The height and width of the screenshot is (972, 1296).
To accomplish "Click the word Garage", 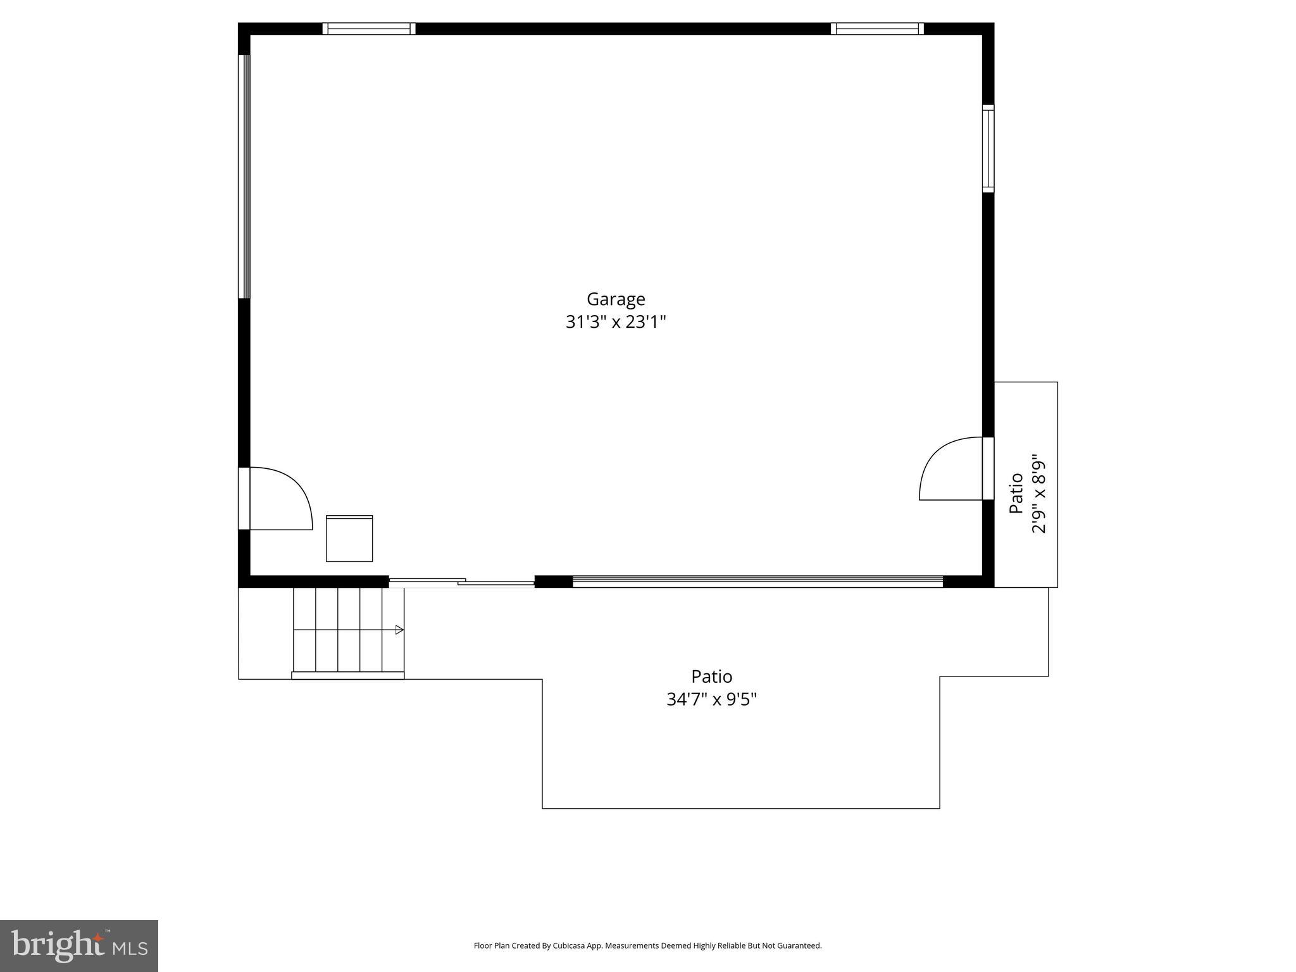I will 616,299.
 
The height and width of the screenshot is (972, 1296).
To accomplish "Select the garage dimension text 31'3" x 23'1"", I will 616,322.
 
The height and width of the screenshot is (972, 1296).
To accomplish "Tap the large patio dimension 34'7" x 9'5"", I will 711,699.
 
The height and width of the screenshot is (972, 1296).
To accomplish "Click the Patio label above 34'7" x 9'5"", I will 711,676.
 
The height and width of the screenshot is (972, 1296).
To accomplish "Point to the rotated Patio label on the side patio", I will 1016,493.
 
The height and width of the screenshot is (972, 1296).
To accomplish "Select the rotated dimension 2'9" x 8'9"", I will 1038,493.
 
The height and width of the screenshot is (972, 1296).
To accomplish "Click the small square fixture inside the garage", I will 349,539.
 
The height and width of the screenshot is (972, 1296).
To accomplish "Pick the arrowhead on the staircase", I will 399,630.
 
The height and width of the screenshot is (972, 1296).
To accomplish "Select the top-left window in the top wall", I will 369,28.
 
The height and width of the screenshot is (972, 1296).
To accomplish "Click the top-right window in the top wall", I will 877,28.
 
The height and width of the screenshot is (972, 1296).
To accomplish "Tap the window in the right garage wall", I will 988,149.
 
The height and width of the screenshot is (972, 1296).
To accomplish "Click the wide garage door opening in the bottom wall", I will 757,581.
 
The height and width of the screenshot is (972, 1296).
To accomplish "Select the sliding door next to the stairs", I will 462,582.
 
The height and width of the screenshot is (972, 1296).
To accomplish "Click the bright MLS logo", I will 78,945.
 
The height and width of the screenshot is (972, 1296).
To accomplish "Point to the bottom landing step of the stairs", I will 347,676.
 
